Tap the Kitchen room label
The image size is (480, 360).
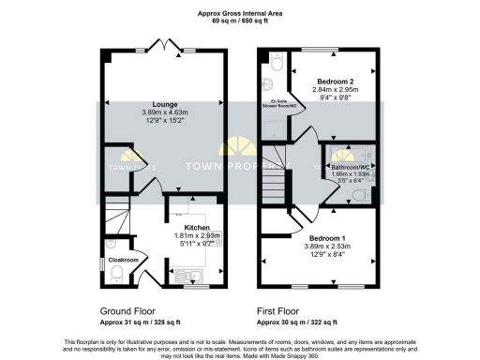click(195, 227)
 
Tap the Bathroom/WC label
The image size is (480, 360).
click(352, 166)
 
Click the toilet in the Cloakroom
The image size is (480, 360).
click(116, 273)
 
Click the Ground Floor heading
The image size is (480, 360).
click(127, 308)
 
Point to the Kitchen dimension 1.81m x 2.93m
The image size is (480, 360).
click(195, 236)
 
